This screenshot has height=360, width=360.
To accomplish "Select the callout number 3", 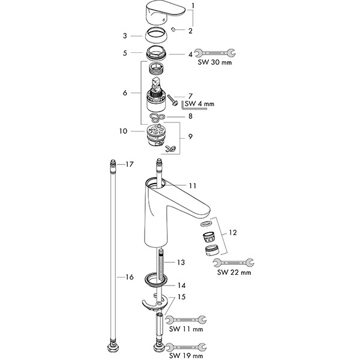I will [x=124, y=35].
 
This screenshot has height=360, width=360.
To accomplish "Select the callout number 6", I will [x=124, y=93].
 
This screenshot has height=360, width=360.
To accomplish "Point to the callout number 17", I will [x=129, y=164].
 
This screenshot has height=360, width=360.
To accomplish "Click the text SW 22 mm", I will [x=233, y=272].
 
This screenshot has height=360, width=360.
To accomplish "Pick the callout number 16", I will [x=129, y=277].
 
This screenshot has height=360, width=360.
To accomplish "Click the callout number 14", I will [x=179, y=286].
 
